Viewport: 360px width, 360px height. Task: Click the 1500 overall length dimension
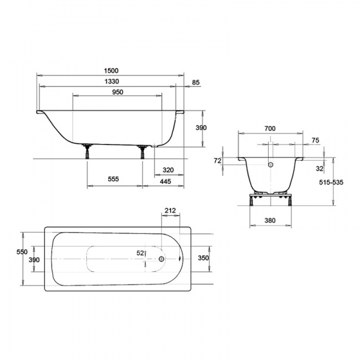click(x=111, y=70)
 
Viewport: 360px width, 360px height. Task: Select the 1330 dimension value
click(x=112, y=81)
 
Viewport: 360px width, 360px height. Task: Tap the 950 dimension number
click(x=118, y=92)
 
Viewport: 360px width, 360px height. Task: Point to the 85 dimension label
click(x=196, y=82)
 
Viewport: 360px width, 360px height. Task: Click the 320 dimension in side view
click(x=168, y=170)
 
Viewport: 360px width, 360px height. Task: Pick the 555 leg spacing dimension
click(x=113, y=179)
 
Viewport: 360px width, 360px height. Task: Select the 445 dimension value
click(x=166, y=181)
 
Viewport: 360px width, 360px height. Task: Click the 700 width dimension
click(x=270, y=128)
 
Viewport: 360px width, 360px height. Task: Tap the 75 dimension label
click(x=316, y=140)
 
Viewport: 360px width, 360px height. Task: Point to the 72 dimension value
click(x=217, y=161)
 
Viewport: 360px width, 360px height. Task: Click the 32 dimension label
click(x=319, y=169)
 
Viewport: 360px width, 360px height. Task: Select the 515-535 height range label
click(x=331, y=182)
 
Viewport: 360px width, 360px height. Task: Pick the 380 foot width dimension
click(x=270, y=220)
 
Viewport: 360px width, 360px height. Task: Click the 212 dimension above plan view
click(x=170, y=211)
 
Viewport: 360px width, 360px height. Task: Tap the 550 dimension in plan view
click(x=22, y=252)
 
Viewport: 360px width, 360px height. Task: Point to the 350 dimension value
click(x=203, y=258)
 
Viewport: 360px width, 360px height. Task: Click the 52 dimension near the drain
click(x=140, y=253)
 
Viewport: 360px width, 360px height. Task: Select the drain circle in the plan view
click(x=161, y=259)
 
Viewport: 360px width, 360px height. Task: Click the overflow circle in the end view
click(x=271, y=164)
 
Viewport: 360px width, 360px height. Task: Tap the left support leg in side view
click(x=87, y=151)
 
